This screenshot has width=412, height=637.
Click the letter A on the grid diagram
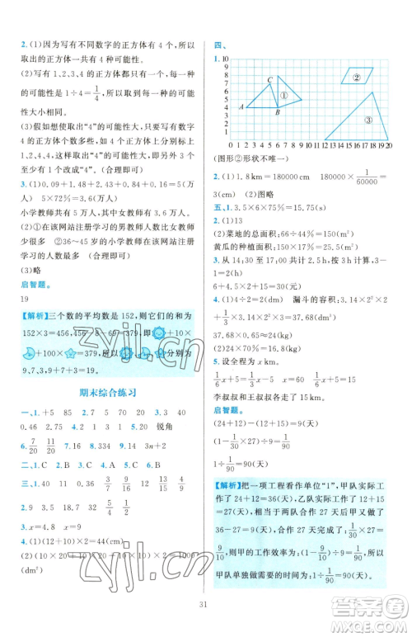click(240, 106)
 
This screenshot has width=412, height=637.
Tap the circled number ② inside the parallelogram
click(358, 79)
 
